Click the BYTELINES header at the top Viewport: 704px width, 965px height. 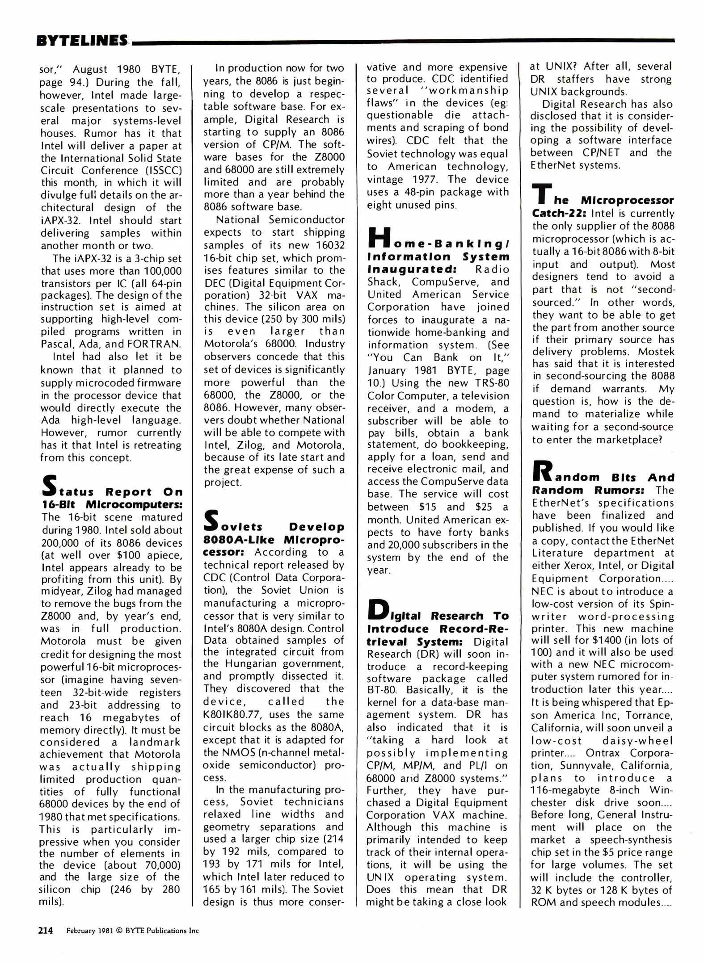tap(82, 41)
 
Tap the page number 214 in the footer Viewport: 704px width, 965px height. tap(46, 931)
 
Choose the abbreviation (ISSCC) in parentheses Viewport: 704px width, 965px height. tap(163, 171)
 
